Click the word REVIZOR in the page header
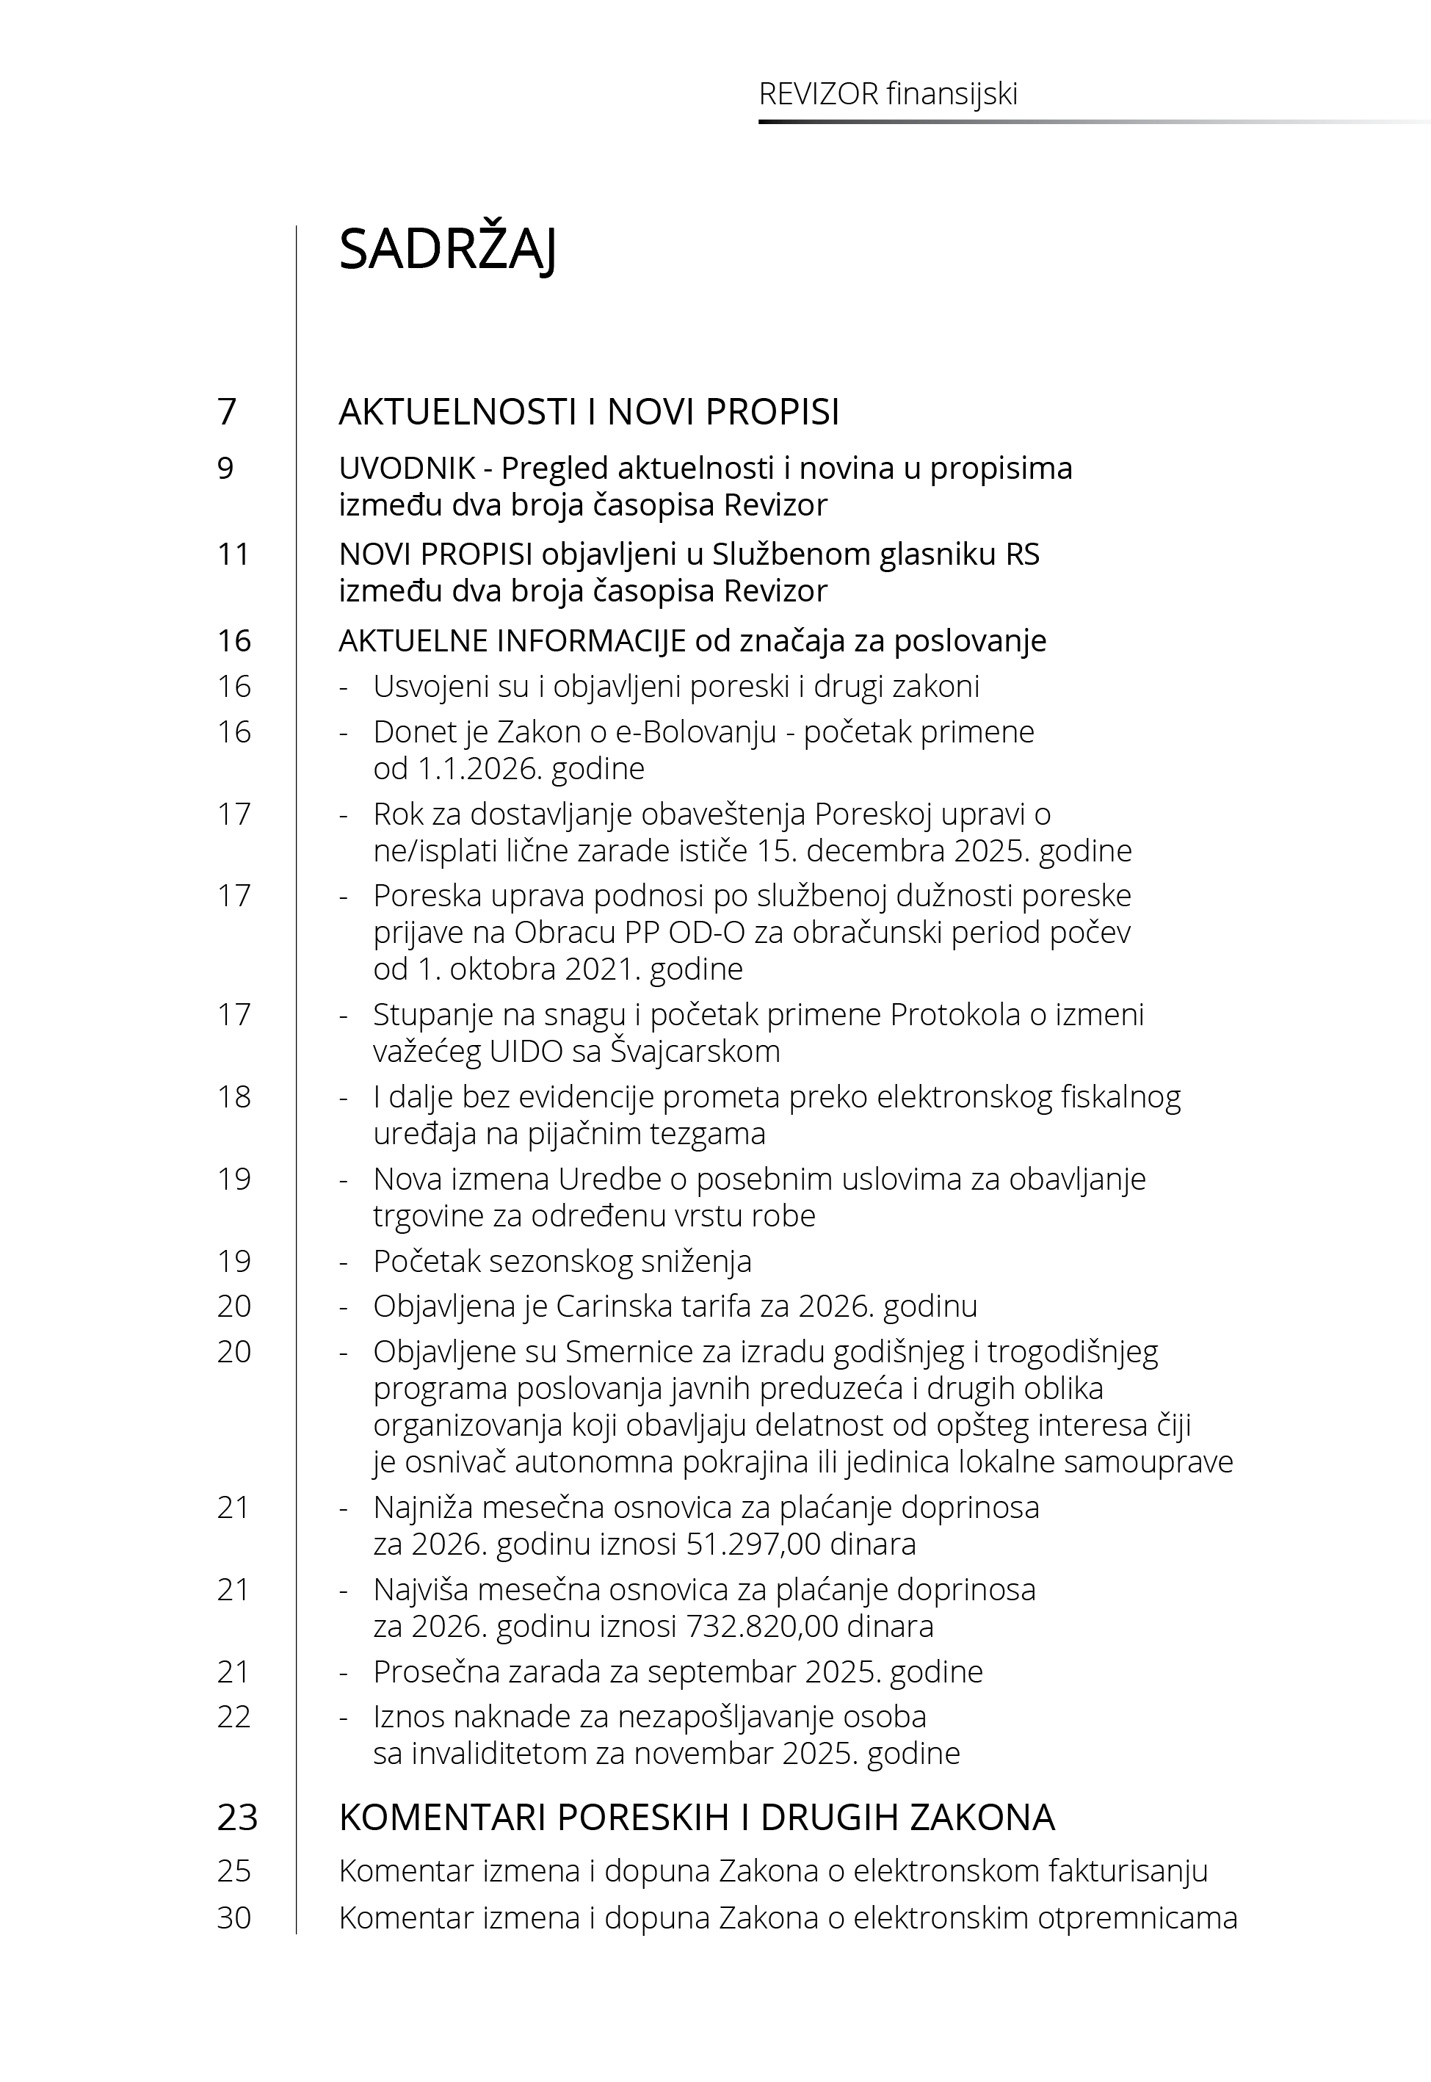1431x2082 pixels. tap(819, 94)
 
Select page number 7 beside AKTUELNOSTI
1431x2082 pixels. tap(227, 411)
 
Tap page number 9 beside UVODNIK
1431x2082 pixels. tap(226, 468)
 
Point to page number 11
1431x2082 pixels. tap(233, 554)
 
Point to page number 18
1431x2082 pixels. tap(234, 1096)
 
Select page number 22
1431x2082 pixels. tap(234, 1716)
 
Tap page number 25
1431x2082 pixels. tap(234, 1871)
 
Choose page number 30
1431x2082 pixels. tap(234, 1918)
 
